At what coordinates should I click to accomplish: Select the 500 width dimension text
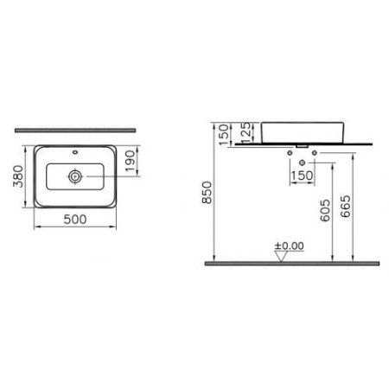74,220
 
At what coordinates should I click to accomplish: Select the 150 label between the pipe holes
301,176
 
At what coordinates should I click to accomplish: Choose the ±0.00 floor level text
290,246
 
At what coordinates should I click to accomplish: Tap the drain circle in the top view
76,175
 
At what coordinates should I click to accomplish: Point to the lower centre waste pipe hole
301,163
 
